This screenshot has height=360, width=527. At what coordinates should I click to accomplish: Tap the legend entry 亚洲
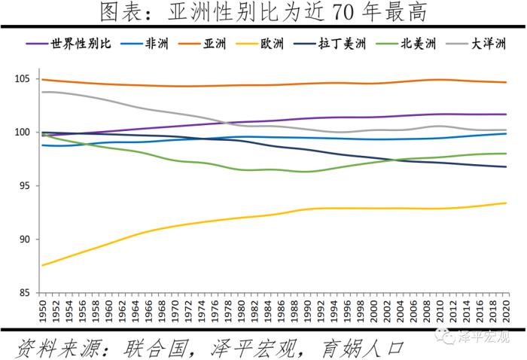215,44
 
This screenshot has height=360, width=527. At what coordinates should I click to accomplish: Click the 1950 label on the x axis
43,308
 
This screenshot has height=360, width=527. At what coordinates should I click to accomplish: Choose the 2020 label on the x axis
505,308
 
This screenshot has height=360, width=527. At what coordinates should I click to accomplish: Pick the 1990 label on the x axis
306,308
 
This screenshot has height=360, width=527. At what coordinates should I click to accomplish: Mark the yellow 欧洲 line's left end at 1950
43,265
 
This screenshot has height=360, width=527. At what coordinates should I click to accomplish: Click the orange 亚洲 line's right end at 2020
506,82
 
